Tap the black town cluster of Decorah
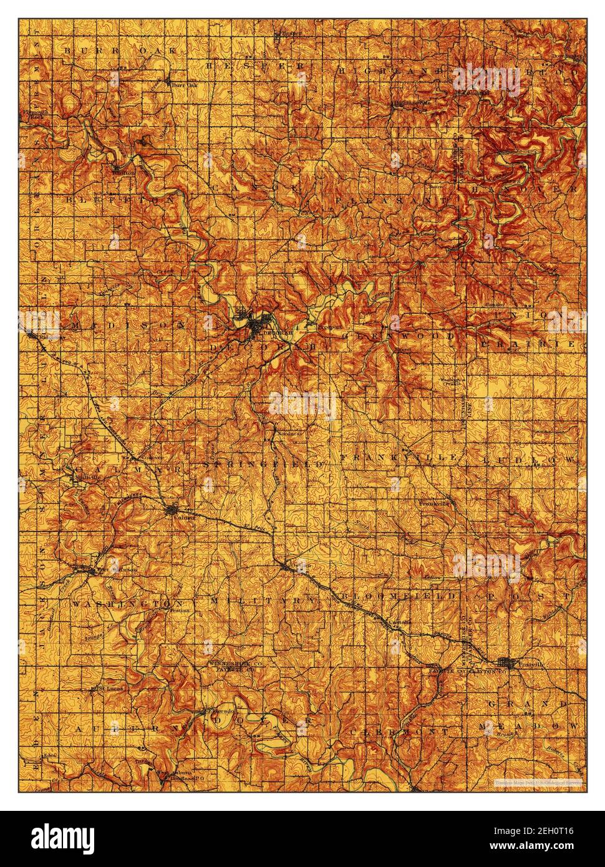(x=256, y=324)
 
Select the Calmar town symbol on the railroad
(x=173, y=510)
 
